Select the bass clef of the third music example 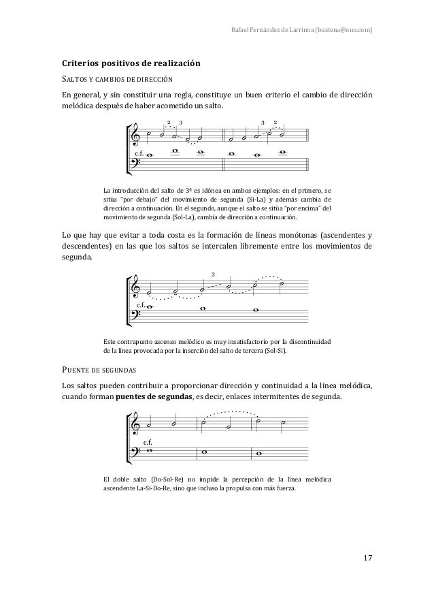137,452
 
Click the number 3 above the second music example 214,274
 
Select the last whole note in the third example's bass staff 257,452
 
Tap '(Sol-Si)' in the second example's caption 274,352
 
